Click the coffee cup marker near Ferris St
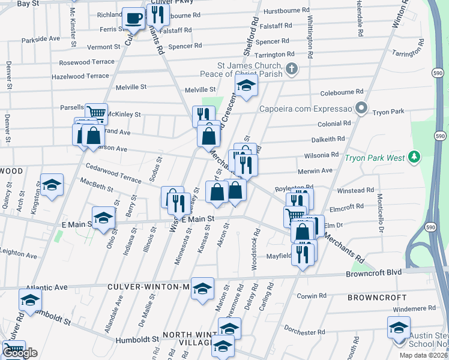(x=133, y=17)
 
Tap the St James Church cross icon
(x=292, y=68)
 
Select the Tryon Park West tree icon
(x=413, y=157)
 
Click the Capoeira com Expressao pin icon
(x=361, y=109)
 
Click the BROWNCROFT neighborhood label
(x=373, y=297)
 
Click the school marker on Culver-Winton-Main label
(x=202, y=288)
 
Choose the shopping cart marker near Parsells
(x=96, y=112)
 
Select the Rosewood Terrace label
(x=86, y=62)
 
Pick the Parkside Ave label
(x=40, y=38)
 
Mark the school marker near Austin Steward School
(x=398, y=328)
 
